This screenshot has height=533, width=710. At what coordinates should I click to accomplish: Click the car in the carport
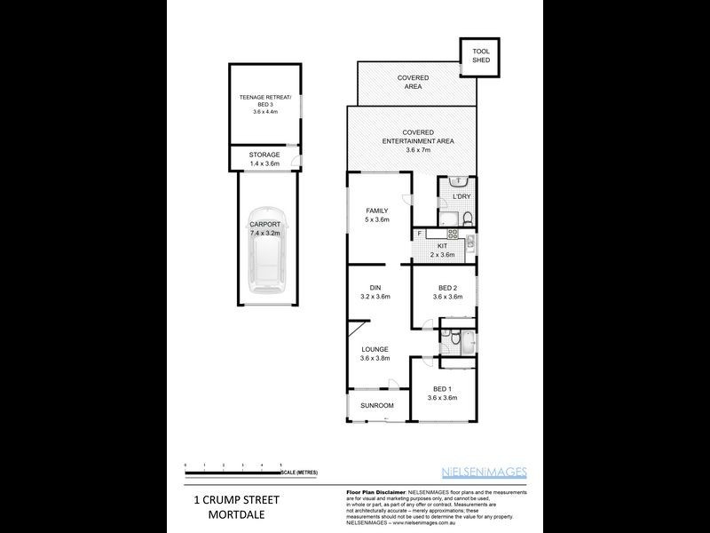(264, 268)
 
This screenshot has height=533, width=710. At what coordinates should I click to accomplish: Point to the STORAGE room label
(264, 158)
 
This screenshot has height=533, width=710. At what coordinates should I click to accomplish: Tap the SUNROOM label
(376, 406)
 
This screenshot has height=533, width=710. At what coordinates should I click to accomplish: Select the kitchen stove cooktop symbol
(452, 234)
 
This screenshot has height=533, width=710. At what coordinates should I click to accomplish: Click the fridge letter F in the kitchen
(420, 234)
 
